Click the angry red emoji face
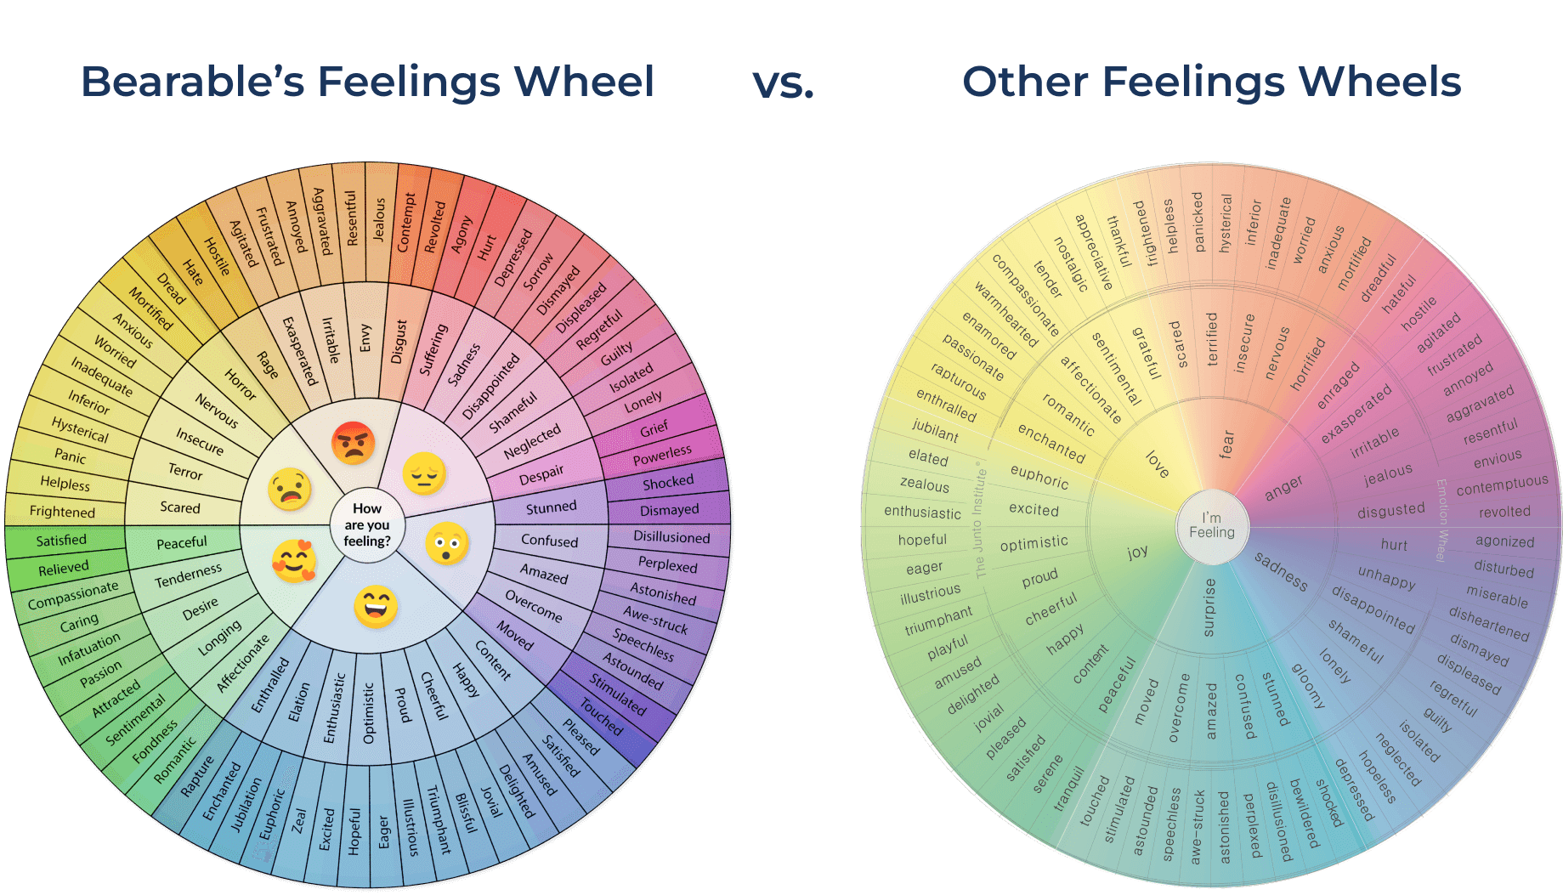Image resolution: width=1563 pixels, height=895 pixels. point(353,443)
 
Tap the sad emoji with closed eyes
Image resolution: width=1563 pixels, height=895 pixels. point(424,473)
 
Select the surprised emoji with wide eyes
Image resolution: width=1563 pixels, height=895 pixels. point(447,544)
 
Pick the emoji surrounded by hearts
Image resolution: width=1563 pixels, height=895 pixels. point(294,561)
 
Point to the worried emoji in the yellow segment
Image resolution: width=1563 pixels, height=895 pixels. point(289,489)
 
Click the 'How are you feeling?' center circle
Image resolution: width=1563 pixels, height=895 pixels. point(367,524)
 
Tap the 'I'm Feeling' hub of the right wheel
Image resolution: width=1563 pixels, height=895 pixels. point(1211,525)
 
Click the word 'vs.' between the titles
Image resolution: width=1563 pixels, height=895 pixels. point(783,83)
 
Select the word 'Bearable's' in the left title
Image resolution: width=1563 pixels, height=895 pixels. point(192,82)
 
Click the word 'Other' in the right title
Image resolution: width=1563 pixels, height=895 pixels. point(1025,82)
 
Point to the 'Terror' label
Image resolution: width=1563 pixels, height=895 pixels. point(185,471)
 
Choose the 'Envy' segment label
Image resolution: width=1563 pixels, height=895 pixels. point(365,337)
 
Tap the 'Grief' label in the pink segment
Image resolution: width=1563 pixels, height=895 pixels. point(654,429)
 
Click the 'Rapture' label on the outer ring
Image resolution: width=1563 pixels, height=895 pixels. point(198,776)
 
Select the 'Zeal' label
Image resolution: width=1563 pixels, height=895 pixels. point(298,820)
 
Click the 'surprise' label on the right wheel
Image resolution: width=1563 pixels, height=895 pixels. point(1209,607)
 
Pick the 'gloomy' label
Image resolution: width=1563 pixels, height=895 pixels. point(1308,685)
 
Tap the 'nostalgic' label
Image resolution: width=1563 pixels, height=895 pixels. point(1071,263)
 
